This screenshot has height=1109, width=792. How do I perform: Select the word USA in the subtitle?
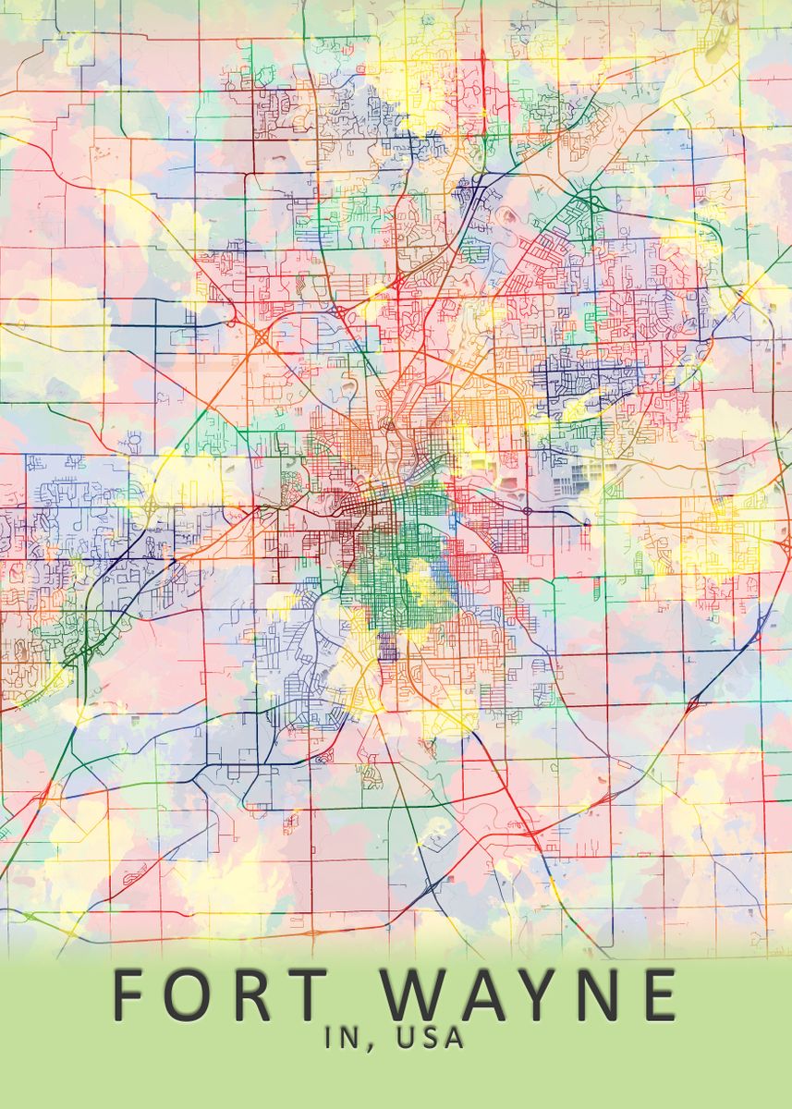[x=429, y=1038]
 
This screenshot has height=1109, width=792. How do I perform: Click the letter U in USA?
[x=405, y=1038]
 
